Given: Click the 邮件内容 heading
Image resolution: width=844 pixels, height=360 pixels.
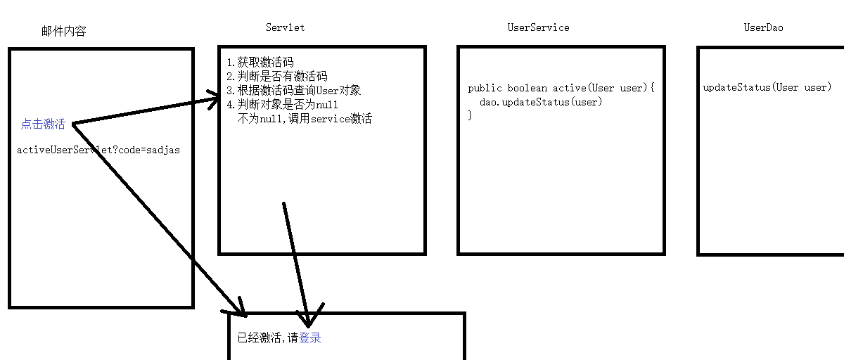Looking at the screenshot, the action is tap(64, 32).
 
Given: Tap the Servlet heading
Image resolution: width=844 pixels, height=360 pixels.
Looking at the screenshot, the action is tap(285, 27).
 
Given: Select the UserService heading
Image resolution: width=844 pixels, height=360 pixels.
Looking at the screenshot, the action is tap(538, 27).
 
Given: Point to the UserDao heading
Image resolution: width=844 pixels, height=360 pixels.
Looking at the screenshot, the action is tap(763, 27).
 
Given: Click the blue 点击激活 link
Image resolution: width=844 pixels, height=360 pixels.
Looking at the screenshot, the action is tap(43, 124).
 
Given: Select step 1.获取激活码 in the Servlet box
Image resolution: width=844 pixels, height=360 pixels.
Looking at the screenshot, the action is tap(260, 63).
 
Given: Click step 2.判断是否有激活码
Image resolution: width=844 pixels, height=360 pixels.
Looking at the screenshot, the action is tap(277, 77).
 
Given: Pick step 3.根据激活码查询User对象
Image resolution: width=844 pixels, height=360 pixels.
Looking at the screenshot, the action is tap(294, 91).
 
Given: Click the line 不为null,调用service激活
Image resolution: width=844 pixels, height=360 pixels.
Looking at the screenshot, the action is tap(305, 119).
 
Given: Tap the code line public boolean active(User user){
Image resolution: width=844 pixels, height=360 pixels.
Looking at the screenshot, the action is tap(561, 89).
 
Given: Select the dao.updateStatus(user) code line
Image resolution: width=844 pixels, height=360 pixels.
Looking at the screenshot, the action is tap(541, 102).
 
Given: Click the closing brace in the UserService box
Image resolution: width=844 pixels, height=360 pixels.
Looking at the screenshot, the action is tap(470, 115).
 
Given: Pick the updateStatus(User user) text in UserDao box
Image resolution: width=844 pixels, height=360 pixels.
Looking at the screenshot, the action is tap(767, 88).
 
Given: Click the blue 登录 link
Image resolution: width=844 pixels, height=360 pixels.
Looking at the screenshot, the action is tap(310, 338).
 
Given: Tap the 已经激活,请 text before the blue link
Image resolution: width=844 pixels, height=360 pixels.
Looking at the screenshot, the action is tap(268, 338).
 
